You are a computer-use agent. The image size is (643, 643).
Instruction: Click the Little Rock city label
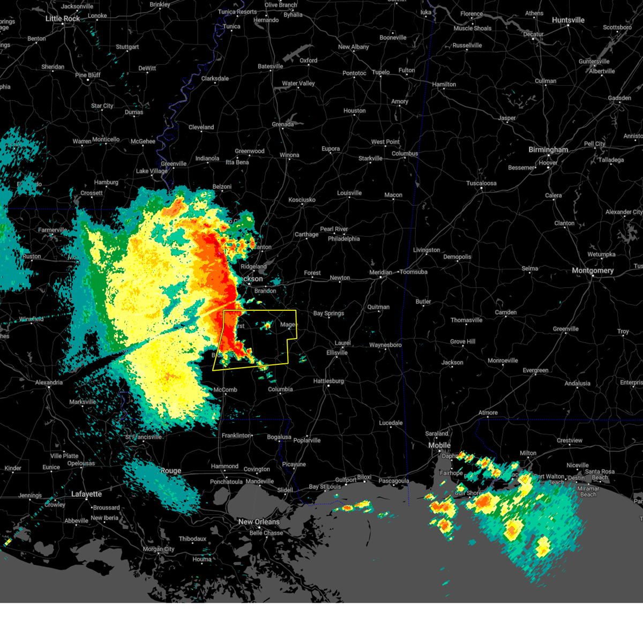coord(62,19)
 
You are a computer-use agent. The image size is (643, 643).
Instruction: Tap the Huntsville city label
coord(568,20)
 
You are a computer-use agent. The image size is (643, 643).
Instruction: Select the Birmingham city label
coord(548,150)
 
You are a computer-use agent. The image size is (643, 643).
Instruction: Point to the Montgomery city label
coord(592,271)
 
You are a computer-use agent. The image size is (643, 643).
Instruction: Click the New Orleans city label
coord(259,522)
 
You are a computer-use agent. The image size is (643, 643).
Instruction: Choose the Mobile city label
coord(439,445)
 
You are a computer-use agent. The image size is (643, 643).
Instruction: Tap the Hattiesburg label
coord(328,382)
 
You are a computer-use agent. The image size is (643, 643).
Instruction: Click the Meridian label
coord(380,273)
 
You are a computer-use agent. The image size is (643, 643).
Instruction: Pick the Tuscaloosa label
coord(481,183)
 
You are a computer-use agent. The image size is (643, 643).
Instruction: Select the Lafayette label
coord(86,494)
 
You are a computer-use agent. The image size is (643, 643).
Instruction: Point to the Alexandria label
coord(49,383)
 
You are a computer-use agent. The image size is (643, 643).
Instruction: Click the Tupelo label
coord(381,72)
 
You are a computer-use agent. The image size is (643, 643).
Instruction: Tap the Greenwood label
coord(250,152)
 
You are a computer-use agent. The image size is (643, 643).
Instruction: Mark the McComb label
coord(225,390)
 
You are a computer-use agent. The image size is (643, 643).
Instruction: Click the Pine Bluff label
coord(88,75)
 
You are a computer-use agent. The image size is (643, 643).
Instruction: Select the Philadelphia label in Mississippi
coord(343,239)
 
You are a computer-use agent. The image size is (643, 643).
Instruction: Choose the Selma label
coord(530,269)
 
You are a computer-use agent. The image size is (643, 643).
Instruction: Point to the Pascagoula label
coord(394,481)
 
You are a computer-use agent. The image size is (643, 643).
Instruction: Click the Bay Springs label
coord(328,313)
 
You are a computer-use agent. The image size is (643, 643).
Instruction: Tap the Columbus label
coord(405,154)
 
